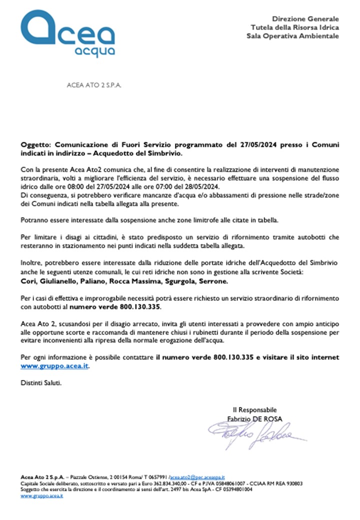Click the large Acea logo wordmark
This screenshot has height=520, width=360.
(x=67, y=31)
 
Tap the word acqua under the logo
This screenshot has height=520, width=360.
(x=94, y=51)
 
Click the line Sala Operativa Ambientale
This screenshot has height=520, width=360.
(x=292, y=36)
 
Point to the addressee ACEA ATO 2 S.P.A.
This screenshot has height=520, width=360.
(x=94, y=85)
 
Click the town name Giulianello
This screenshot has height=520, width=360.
(x=59, y=282)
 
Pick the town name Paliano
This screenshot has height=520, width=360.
(x=95, y=282)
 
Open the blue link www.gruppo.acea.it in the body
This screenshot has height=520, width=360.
(x=56, y=365)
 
